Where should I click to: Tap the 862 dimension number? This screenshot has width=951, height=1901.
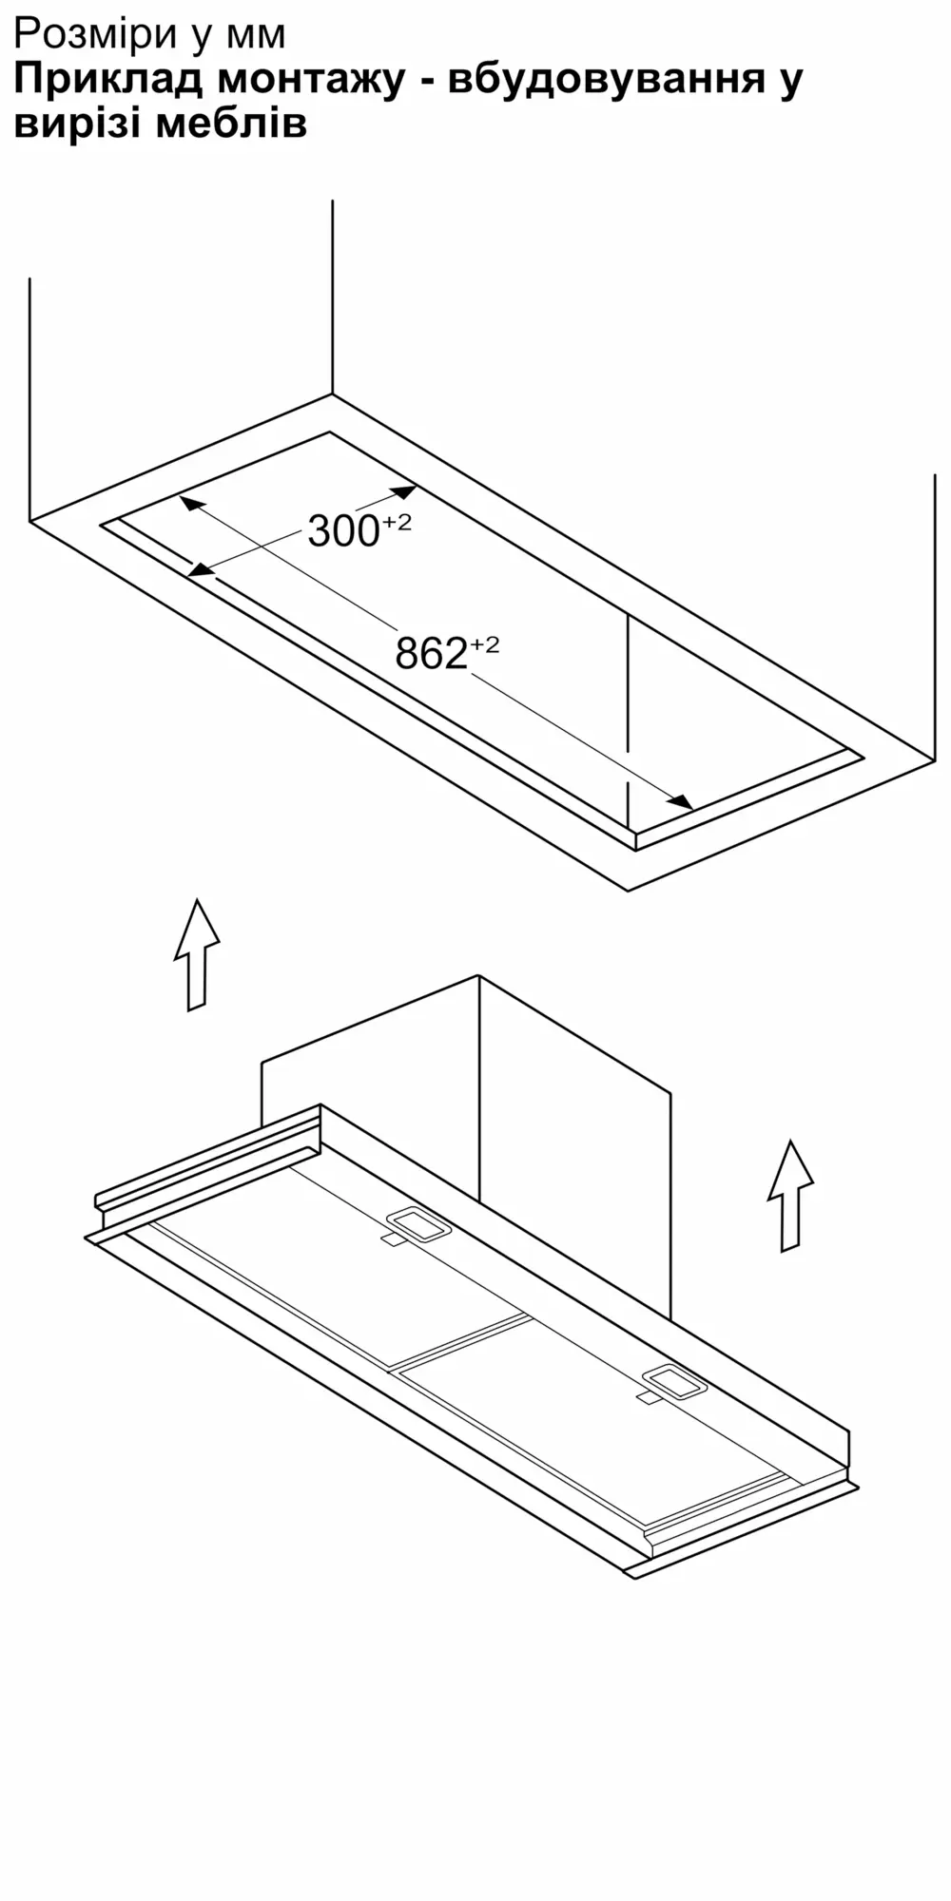click(432, 653)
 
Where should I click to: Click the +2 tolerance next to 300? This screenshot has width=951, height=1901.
click(398, 523)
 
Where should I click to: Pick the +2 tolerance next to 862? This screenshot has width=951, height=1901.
click(484, 645)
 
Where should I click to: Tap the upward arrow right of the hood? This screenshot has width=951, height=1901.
click(790, 1196)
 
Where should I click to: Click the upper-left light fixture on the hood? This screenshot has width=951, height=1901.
click(418, 1223)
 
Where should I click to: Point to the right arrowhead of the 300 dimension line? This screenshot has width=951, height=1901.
click(402, 492)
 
